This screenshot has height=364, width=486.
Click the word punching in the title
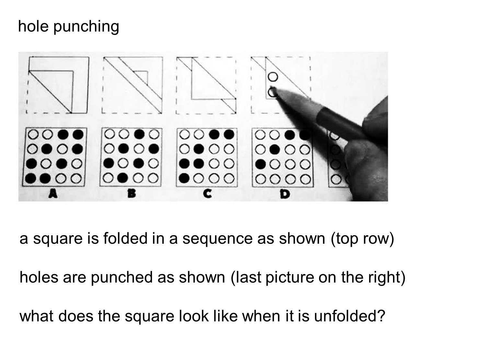[x=86, y=27]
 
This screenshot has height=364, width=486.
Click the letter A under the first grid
[x=53, y=194]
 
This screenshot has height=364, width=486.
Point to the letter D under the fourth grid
[x=285, y=194]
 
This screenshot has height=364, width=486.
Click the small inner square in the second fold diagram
[x=142, y=76]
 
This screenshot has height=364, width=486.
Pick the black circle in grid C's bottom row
[x=184, y=178]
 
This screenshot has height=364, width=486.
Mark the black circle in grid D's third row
[x=260, y=164]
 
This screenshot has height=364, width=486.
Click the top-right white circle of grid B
[x=155, y=134]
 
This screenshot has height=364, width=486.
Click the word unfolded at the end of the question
[x=349, y=316]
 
